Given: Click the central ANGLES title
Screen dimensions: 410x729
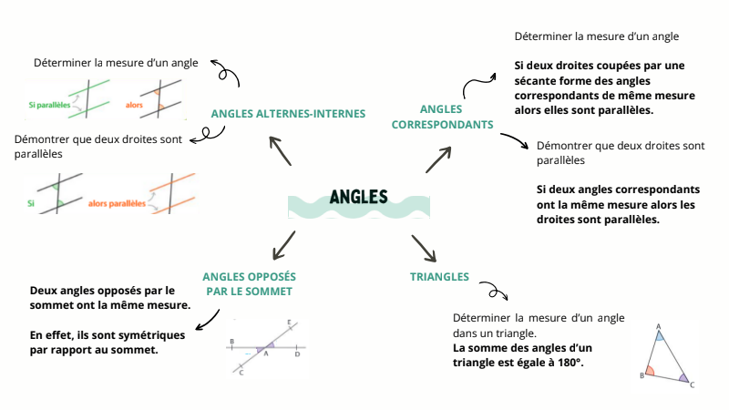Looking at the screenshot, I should tap(358, 197).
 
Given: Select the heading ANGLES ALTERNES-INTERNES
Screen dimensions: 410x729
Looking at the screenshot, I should tap(288, 114).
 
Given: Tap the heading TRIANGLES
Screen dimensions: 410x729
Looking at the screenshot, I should tap(440, 276).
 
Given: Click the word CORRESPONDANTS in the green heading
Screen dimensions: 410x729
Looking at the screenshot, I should tap(443, 124).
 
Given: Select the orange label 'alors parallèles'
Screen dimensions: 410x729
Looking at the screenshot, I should tap(118, 203).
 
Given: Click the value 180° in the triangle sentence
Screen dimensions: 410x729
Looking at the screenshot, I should tap(567, 363).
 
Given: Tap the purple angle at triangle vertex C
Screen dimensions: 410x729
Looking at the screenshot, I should tap(682, 377).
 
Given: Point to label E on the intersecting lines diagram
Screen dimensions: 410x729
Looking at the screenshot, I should tap(289, 323).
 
